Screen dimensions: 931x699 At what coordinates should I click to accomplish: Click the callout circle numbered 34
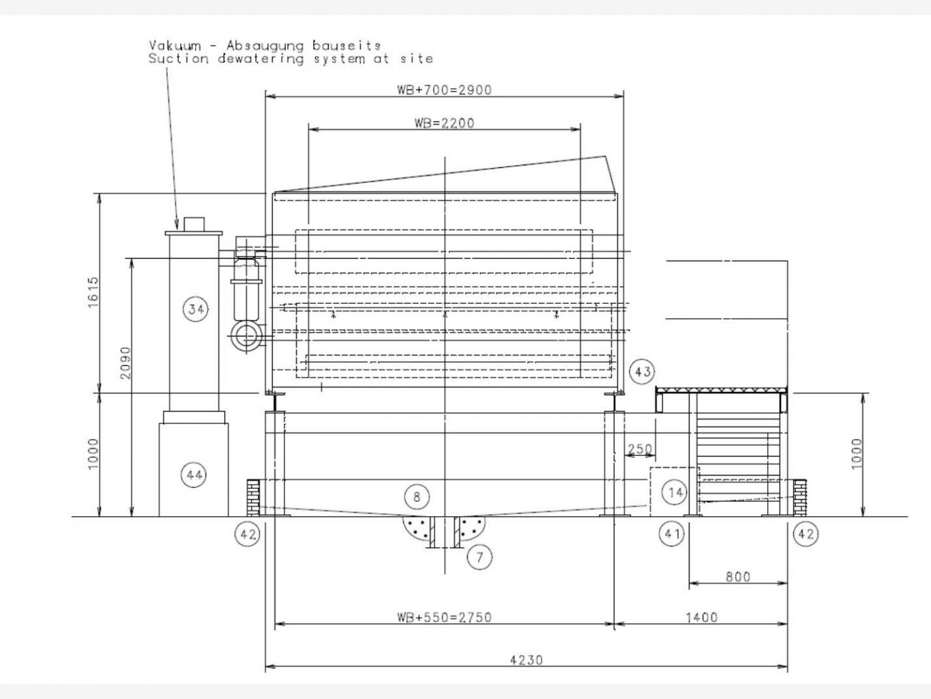[196, 309]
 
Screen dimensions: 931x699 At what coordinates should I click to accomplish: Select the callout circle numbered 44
[194, 474]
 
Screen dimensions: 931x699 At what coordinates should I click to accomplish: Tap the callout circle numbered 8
[417, 496]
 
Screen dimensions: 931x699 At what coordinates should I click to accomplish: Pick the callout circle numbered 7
[479, 557]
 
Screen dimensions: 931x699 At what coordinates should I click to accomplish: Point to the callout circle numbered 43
[642, 372]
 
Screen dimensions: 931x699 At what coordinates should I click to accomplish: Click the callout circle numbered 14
[675, 492]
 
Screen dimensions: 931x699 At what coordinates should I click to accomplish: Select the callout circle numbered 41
[672, 534]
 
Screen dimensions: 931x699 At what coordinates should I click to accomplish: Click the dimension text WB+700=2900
[444, 90]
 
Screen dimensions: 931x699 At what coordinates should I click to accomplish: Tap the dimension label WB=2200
[444, 123]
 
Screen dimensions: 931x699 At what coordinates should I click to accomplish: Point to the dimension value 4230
[527, 660]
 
